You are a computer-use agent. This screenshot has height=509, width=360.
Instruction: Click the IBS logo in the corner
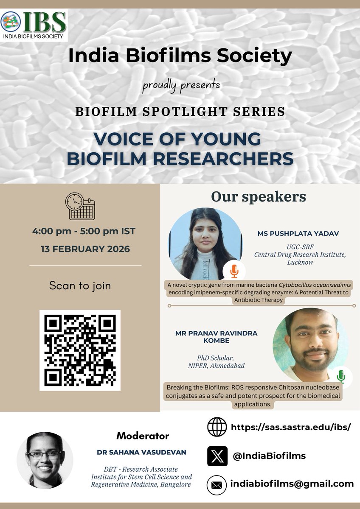click(34, 25)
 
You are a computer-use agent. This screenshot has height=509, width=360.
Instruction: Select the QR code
click(80, 350)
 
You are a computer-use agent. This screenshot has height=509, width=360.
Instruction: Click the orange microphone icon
click(234, 271)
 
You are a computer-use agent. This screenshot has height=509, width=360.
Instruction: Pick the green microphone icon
click(341, 376)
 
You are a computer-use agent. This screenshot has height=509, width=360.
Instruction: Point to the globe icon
click(217, 427)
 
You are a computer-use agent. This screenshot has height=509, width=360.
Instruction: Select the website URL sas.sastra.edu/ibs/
click(291, 427)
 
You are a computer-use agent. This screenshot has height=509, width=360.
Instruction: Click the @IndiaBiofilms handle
click(269, 456)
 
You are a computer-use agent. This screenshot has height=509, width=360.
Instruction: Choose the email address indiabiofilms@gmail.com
click(292, 484)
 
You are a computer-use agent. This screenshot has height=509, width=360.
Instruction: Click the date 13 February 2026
click(85, 249)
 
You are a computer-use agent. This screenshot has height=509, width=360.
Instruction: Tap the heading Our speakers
click(259, 197)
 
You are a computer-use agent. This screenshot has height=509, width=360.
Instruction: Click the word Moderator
click(143, 436)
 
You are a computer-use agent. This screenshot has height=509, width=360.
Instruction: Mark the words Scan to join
click(80, 285)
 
